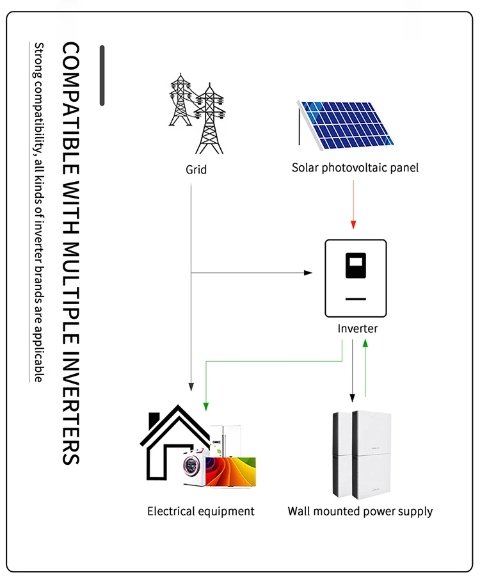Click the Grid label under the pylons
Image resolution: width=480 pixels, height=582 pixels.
coord(196,170)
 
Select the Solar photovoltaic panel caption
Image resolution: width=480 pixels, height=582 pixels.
coord(355,168)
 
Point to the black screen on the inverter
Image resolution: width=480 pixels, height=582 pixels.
coord(356,266)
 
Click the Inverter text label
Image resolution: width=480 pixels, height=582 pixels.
coord(358,328)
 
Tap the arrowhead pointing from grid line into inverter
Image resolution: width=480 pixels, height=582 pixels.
coord(308,273)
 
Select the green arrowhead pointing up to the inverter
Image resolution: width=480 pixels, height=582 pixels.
coord(365,343)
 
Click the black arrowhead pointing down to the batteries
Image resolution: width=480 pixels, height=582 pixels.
coord(351,394)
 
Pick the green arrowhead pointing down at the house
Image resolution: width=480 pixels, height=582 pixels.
coord(205,405)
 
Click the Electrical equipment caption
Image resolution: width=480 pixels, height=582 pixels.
coord(201,511)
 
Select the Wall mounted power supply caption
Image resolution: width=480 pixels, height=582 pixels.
coord(360,511)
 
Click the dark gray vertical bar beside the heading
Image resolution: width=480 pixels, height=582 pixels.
coord(102,76)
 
